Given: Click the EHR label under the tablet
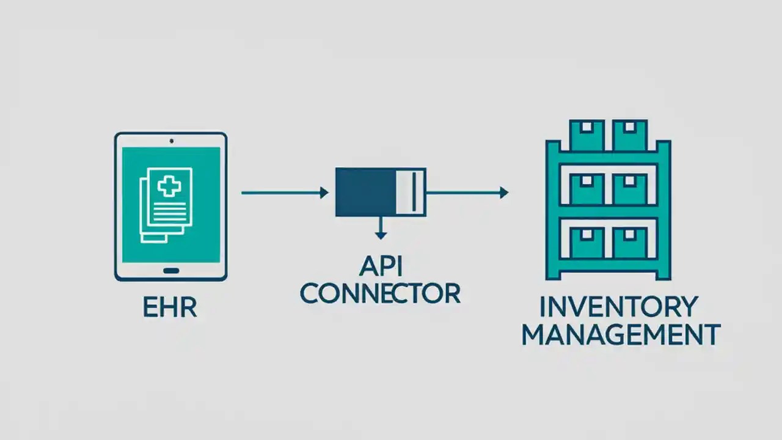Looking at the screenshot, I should pos(170,307).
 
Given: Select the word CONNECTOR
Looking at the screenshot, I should pos(380,293).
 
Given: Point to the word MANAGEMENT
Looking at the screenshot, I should pos(621,335).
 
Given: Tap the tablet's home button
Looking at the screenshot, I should pos(171,271).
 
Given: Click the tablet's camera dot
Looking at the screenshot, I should pos(171,141).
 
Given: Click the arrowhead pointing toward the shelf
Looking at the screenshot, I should pos(503,193).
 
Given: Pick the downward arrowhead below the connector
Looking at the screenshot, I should pos(381,235).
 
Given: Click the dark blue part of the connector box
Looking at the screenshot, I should pos(365,193).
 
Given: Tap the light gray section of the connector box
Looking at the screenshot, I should pos(411,193).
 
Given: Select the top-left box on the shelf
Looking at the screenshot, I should pos(586,135).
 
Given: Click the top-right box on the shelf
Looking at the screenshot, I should pos(630,135).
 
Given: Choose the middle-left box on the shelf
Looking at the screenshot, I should pos(586,189).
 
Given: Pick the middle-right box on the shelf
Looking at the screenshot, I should pos(630,189).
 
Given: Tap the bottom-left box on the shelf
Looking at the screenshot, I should pos(586,243).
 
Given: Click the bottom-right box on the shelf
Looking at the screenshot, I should pos(630,243).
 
